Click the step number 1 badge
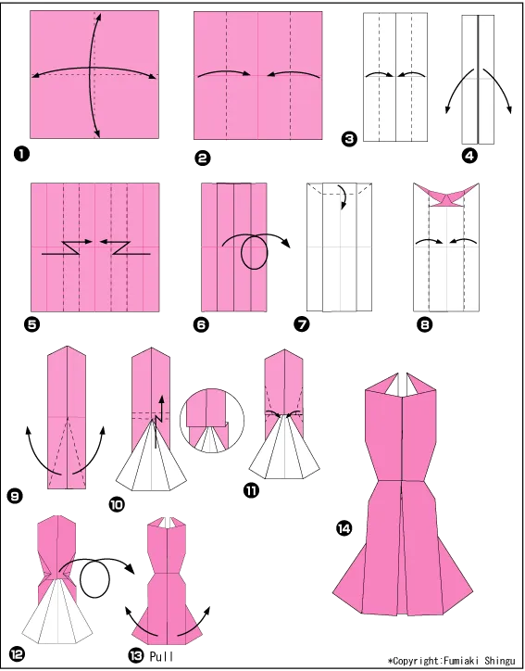[x=21, y=154]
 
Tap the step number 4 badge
[x=469, y=157]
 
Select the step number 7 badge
[x=302, y=324]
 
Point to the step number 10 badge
[x=117, y=504]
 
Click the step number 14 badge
[x=344, y=529]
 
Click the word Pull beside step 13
[x=162, y=656]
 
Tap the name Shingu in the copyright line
[x=499, y=661]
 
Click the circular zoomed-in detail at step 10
[x=212, y=421]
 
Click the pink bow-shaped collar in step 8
[x=446, y=196]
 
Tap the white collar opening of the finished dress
[x=402, y=384]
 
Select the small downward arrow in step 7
[x=342, y=197]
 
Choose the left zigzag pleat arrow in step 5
[x=67, y=247]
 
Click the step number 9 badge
[x=15, y=497]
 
